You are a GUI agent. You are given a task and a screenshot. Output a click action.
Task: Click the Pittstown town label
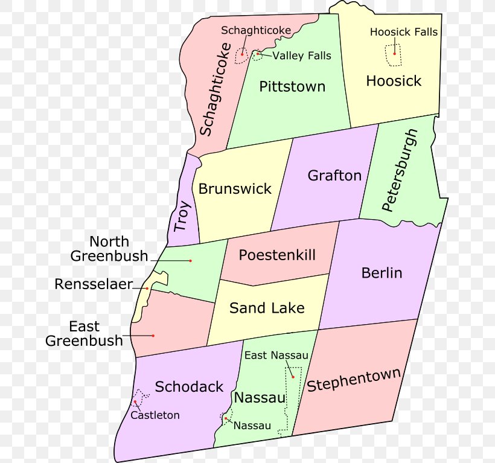pyautogui.click(x=292, y=87)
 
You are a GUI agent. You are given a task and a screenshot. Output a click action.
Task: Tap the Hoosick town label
pyautogui.click(x=394, y=81)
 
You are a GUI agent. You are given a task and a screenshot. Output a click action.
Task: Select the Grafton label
pyautogui.click(x=334, y=176)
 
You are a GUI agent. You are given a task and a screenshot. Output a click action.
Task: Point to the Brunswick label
pyautogui.click(x=235, y=189)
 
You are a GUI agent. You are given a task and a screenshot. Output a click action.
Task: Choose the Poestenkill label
pyautogui.click(x=277, y=255)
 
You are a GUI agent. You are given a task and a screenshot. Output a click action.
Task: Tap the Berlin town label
pyautogui.click(x=382, y=273)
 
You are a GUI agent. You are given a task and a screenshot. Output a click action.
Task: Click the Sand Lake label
pyautogui.click(x=267, y=308)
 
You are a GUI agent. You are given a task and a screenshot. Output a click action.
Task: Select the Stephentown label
pyautogui.click(x=354, y=380)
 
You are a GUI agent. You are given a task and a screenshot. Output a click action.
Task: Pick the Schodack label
pyautogui.click(x=189, y=387)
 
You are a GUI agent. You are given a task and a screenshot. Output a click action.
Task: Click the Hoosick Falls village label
pyautogui.click(x=404, y=32)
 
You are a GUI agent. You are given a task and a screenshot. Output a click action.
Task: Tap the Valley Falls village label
pyautogui.click(x=302, y=56)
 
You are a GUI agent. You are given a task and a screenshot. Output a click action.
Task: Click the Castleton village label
pyautogui.click(x=155, y=415)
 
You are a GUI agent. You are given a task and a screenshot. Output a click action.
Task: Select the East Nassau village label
pyautogui.click(x=276, y=356)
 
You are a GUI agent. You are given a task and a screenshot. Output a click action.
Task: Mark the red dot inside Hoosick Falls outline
pyautogui.click(x=395, y=54)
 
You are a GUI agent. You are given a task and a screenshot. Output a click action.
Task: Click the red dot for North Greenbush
pyautogui.click(x=190, y=261)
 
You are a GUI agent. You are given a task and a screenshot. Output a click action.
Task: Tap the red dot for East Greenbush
pyautogui.click(x=153, y=336)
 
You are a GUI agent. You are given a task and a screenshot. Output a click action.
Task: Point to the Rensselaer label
pyautogui.click(x=94, y=284)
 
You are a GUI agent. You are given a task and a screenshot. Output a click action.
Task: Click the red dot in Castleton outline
pyautogui.click(x=135, y=403)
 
